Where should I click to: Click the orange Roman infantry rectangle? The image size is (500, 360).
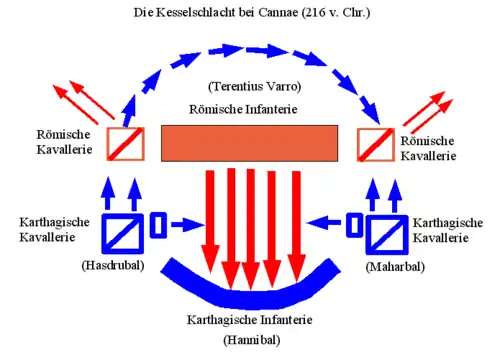[x=249, y=143]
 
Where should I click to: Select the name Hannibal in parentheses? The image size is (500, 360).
[x=252, y=340]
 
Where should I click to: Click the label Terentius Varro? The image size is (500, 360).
[x=255, y=86]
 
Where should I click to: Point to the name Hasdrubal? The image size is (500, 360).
[x=113, y=265]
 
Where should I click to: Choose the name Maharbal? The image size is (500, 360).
[x=395, y=267]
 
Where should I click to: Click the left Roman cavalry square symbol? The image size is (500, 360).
[x=126, y=144]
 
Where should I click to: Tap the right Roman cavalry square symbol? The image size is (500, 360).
[x=376, y=145]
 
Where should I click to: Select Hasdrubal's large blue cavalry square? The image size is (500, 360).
[x=123, y=233]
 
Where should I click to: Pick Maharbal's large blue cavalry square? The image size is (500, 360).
[x=387, y=235]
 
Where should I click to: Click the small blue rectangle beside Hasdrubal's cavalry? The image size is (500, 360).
[x=158, y=225]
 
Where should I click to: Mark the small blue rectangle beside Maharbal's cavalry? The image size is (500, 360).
[x=354, y=225]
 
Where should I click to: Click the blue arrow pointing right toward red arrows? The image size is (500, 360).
[x=188, y=225]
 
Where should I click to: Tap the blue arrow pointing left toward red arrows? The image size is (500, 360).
[x=323, y=223]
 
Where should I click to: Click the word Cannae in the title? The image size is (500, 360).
[x=278, y=12]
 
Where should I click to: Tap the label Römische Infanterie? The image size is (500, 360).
[x=243, y=109]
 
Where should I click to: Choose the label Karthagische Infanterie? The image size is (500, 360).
[x=250, y=320]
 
